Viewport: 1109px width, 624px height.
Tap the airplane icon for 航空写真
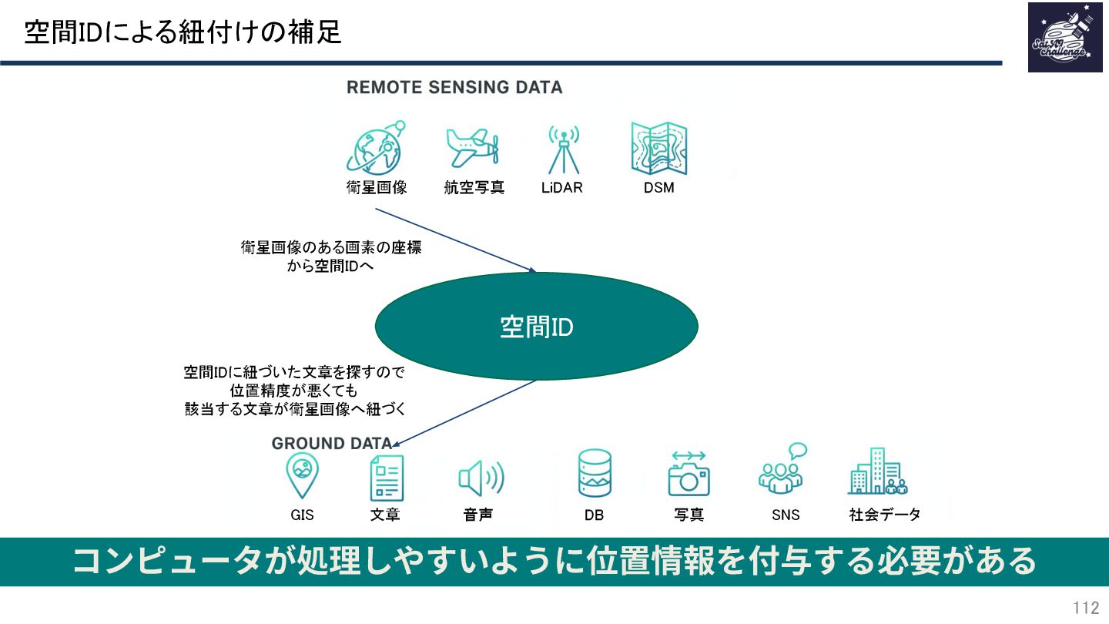pos(473,147)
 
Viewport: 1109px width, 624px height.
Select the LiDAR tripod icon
pos(563,149)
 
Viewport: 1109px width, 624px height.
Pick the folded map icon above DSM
pos(658,148)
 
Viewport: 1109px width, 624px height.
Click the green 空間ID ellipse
pos(536,327)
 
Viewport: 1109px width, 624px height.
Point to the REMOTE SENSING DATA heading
pos(454,88)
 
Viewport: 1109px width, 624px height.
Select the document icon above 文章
pos(387,478)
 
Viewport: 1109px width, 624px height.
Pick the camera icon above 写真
pos(689,475)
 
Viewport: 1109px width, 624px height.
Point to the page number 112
pos(1086,608)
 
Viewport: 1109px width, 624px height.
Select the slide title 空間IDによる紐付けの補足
pos(183,32)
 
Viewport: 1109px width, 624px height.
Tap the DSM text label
pos(658,187)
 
